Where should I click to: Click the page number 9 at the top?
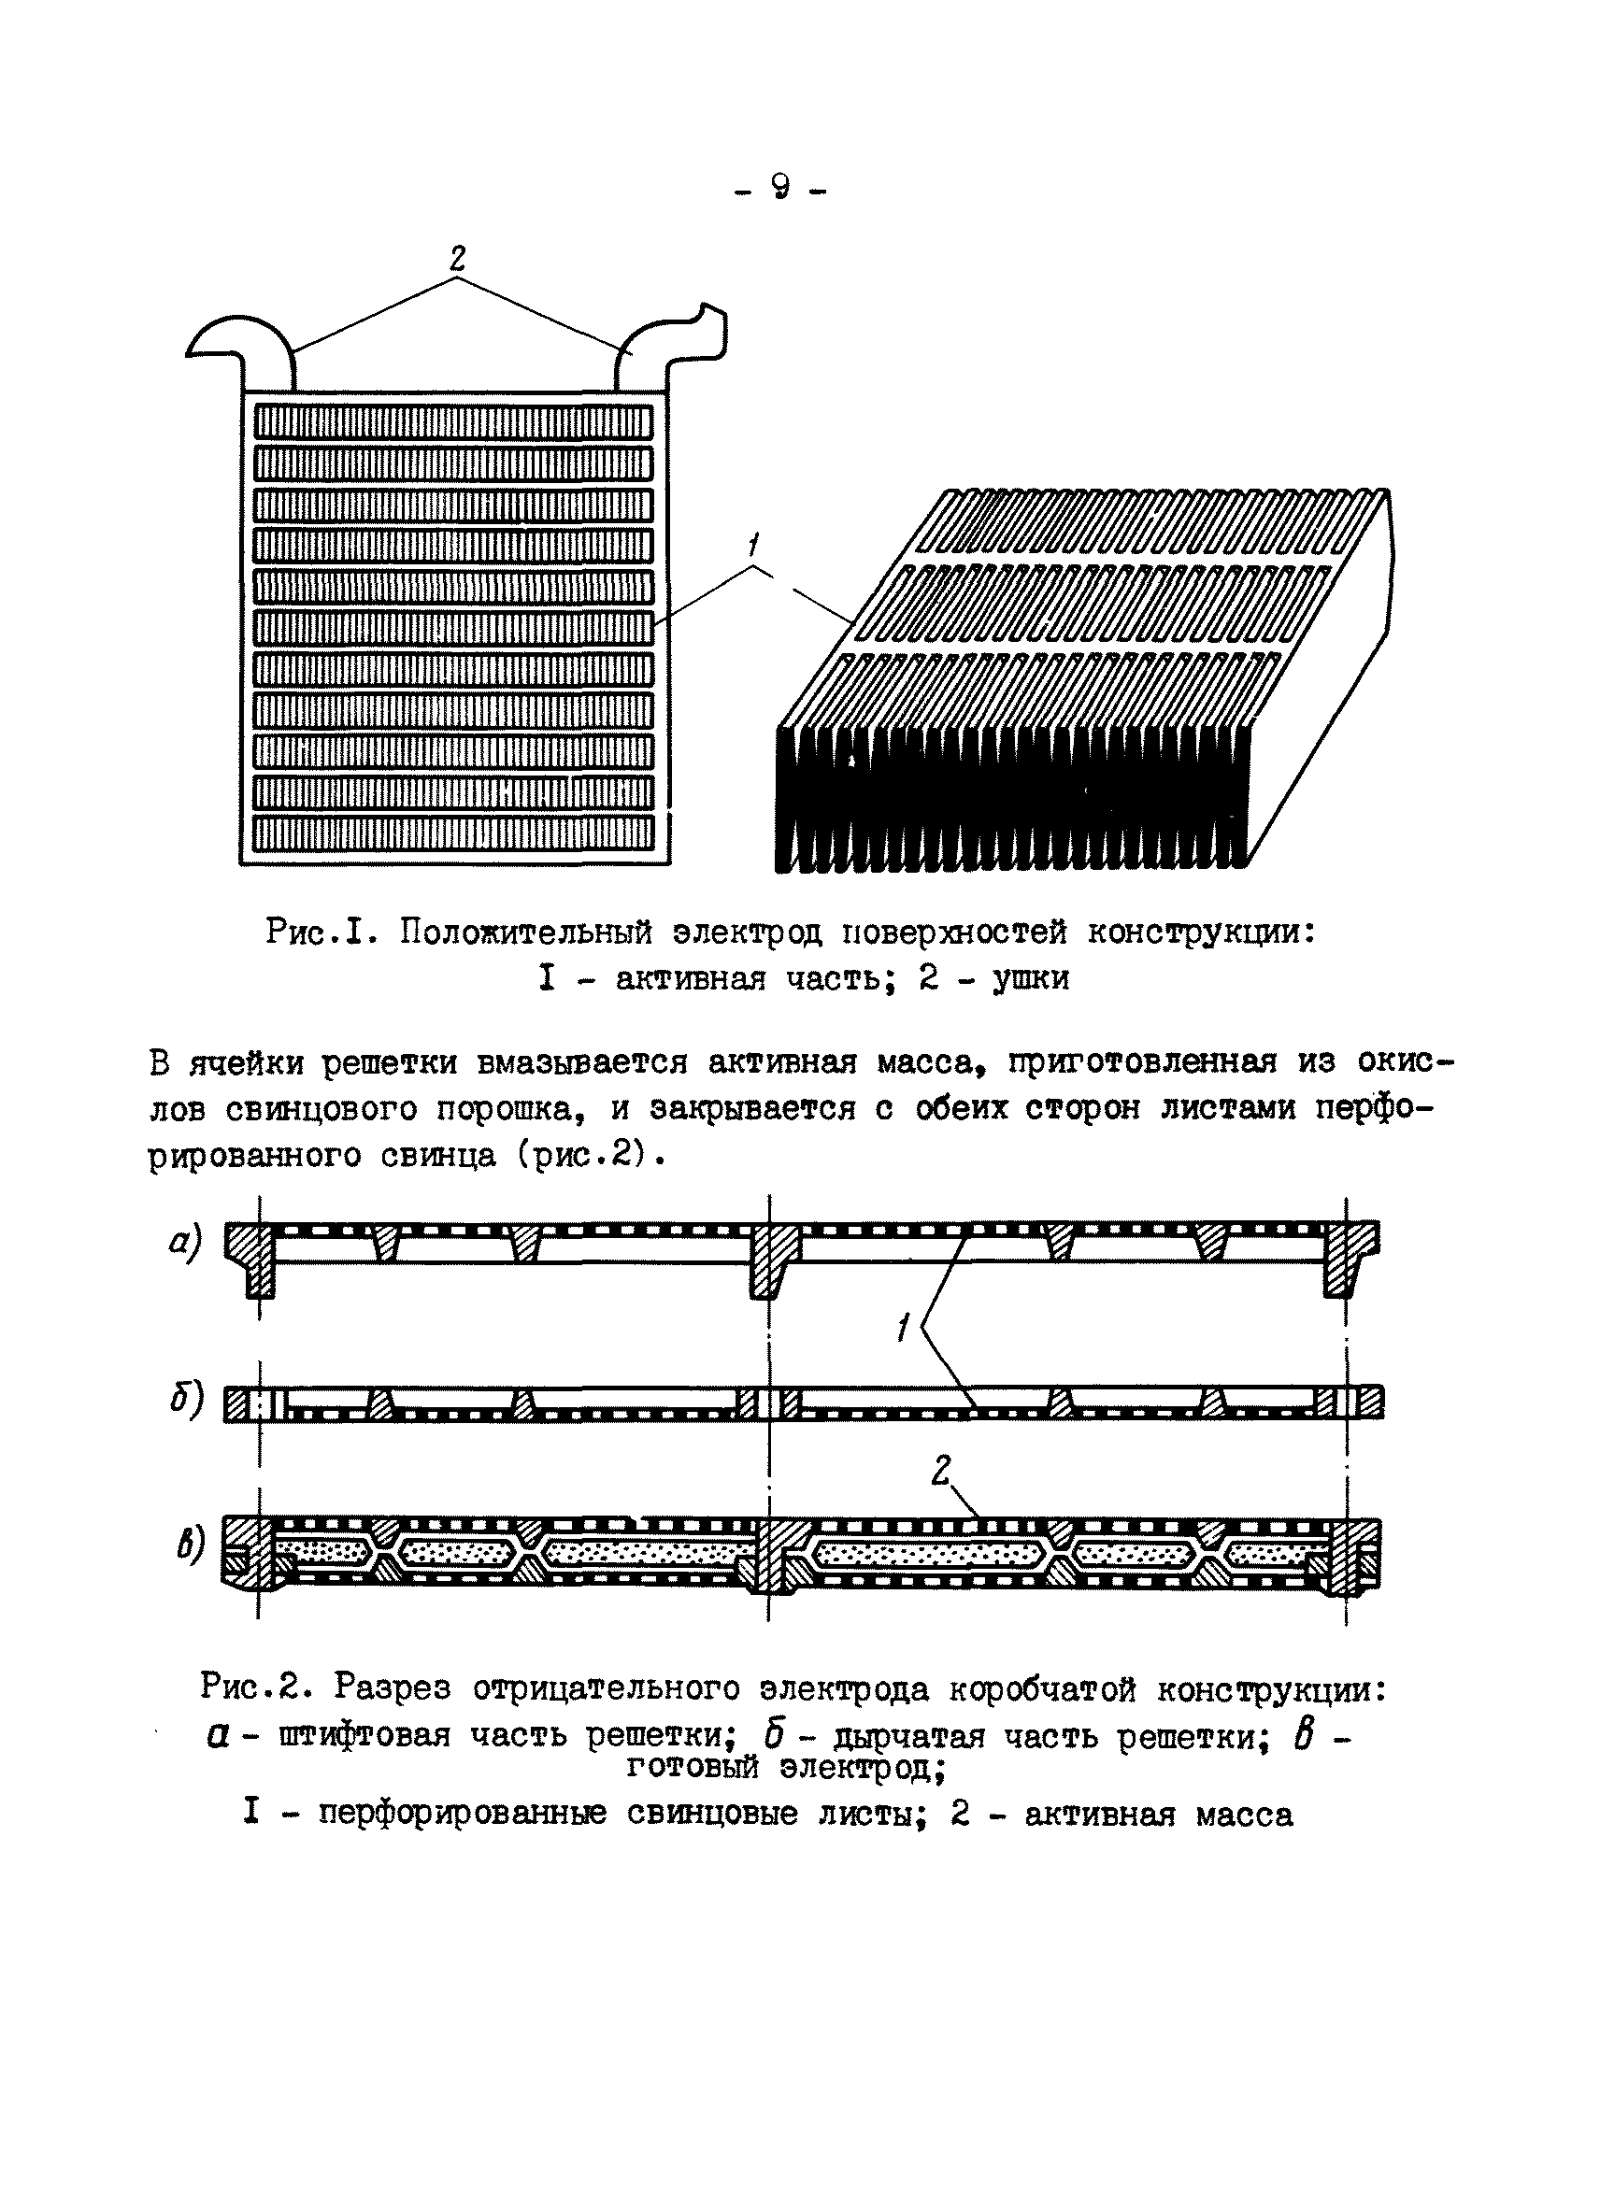(x=779, y=186)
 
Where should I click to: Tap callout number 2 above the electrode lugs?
(x=456, y=258)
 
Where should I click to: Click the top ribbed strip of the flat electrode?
(x=453, y=422)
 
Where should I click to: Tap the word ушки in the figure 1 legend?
(x=1031, y=978)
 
